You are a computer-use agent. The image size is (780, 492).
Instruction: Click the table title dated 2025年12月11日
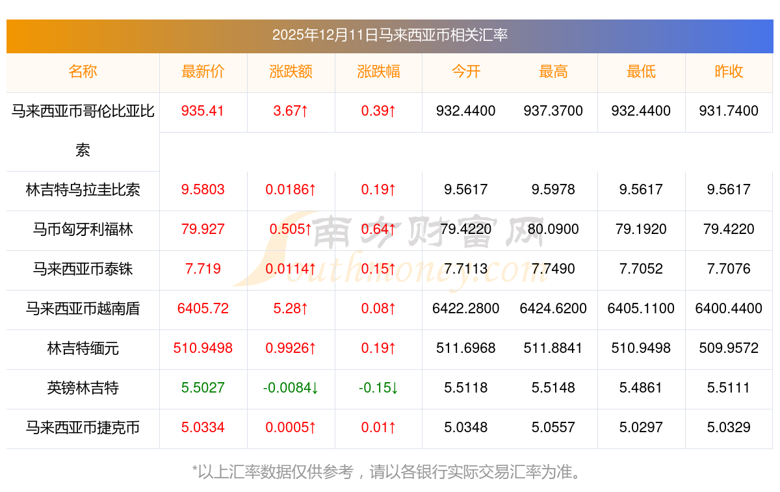pyautogui.click(x=389, y=35)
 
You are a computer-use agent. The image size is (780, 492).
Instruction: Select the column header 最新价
pyautogui.click(x=203, y=72)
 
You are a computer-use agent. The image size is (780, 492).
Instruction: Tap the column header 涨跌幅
pyautogui.click(x=378, y=72)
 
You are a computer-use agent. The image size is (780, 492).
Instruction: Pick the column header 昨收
pyautogui.click(x=729, y=72)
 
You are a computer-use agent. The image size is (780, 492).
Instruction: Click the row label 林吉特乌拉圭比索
pyautogui.click(x=83, y=190)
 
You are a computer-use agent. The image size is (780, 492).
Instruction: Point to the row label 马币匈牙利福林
pyautogui.click(x=83, y=229)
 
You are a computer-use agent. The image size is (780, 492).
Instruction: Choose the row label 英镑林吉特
pyautogui.click(x=83, y=388)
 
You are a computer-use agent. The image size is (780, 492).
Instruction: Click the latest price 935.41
pyautogui.click(x=203, y=111)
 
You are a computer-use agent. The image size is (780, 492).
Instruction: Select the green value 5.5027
pyautogui.click(x=203, y=388)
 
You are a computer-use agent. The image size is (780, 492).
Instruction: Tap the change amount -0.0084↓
pyautogui.click(x=291, y=388)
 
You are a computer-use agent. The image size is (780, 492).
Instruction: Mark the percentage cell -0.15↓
pyautogui.click(x=378, y=388)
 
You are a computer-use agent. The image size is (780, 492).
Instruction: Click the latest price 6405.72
pyautogui.click(x=203, y=309)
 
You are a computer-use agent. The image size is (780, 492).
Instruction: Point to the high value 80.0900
pyautogui.click(x=553, y=229)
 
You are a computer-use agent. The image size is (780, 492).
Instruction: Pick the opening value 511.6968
pyautogui.click(x=465, y=348)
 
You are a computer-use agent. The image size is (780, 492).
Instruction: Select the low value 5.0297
pyautogui.click(x=641, y=428)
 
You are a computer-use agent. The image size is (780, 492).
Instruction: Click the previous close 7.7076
pyautogui.click(x=729, y=269)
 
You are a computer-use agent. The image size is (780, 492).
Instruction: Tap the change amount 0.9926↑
pyautogui.click(x=291, y=348)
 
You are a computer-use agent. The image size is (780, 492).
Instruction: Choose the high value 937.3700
pyautogui.click(x=553, y=111)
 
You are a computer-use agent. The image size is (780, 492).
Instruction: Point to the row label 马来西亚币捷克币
pyautogui.click(x=83, y=428)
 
